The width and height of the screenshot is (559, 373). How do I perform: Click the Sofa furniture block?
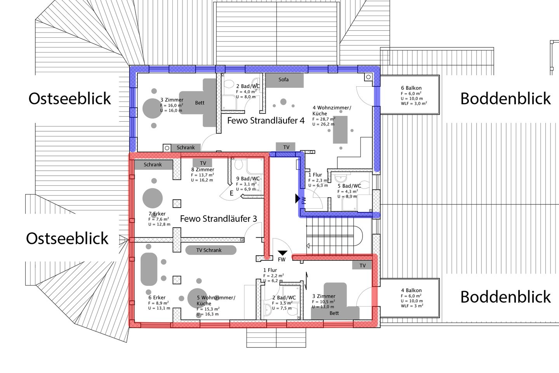tap(285, 80)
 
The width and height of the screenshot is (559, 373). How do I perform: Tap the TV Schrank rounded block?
tap(211, 250)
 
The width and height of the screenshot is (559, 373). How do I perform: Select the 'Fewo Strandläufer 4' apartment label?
tap(266, 121)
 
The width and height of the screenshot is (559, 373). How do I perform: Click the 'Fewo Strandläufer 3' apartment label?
tap(218, 219)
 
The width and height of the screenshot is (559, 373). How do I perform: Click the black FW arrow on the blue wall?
tap(297, 199)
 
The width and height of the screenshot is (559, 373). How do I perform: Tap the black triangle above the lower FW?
tap(282, 253)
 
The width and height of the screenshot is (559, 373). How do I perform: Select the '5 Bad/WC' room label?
tap(349, 186)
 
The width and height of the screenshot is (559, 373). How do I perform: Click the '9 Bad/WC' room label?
tap(248, 179)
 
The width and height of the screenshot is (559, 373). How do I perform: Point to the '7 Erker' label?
tap(157, 214)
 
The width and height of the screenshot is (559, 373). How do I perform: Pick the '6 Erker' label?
tap(157, 298)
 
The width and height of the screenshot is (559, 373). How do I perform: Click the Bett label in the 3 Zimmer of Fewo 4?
tap(200, 103)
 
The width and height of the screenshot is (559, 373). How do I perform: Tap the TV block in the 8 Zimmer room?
tap(203, 163)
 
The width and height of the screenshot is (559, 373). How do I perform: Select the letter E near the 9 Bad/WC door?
tap(232, 193)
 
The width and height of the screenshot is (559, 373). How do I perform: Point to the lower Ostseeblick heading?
tap(67, 239)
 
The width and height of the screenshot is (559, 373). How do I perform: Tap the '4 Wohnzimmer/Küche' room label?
tap(332, 110)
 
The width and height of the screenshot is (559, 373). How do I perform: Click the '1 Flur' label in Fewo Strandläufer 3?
tap(270, 270)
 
